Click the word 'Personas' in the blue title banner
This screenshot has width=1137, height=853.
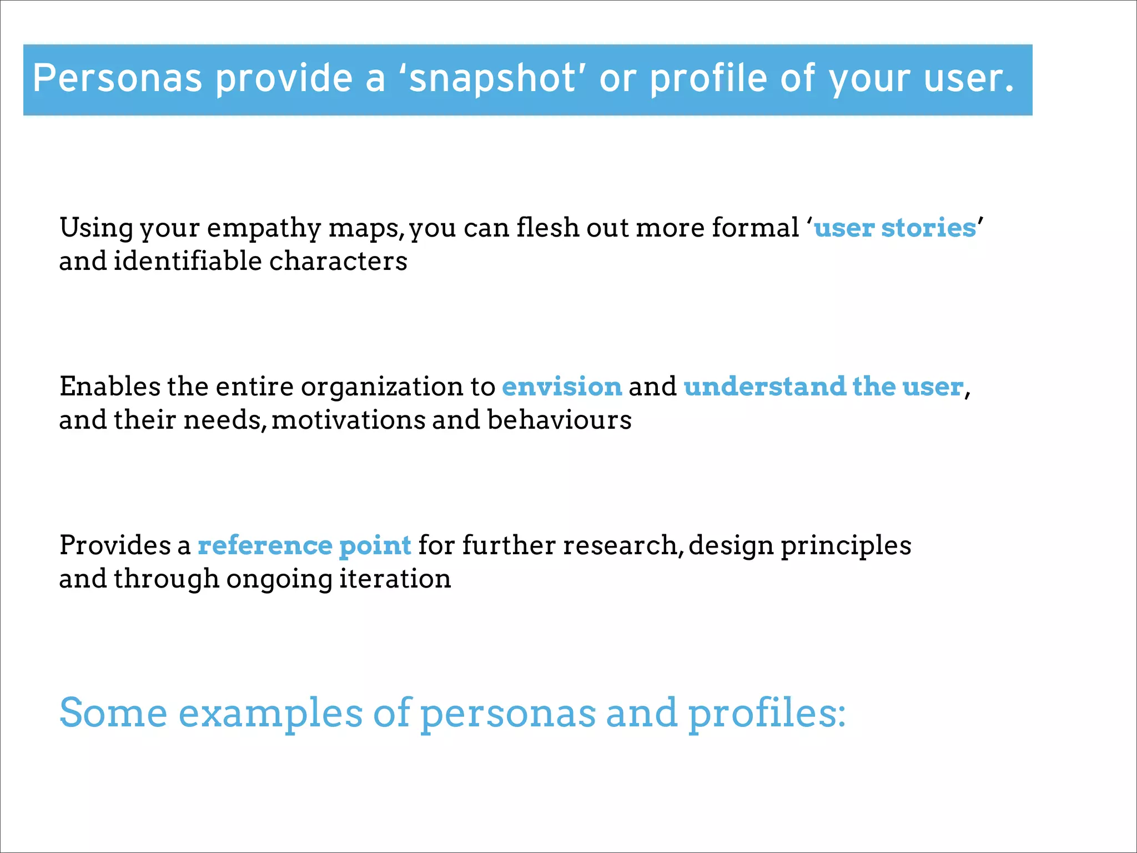click(x=117, y=78)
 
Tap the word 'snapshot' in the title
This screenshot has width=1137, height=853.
click(x=492, y=78)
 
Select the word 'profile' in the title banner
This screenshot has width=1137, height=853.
click(x=710, y=78)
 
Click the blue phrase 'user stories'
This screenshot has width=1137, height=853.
click(x=894, y=228)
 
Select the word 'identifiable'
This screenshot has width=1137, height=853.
click(x=188, y=261)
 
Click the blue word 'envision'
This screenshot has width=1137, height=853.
click(x=562, y=387)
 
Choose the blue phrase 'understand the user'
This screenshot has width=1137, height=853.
click(x=823, y=387)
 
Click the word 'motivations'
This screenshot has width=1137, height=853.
click(x=348, y=420)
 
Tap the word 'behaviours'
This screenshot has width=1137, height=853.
click(x=559, y=420)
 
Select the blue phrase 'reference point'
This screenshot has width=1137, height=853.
click(x=304, y=545)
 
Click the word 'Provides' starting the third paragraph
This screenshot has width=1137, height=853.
click(x=115, y=545)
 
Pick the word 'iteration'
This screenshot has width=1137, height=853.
click(x=395, y=579)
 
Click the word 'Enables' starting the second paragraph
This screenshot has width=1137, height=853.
click(x=109, y=387)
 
